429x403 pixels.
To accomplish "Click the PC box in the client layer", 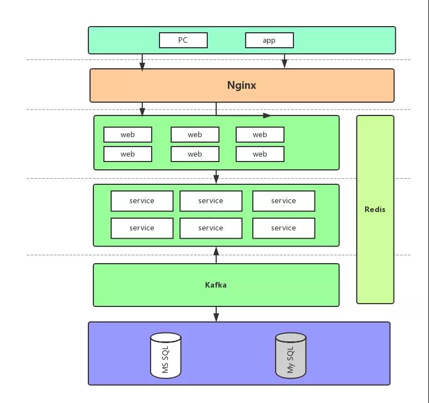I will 183,40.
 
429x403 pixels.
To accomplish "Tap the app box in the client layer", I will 270,41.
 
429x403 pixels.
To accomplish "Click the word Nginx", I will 242,85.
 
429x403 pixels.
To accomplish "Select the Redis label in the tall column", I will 375,209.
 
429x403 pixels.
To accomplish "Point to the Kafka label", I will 216,285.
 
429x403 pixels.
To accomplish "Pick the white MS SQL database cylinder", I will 166,355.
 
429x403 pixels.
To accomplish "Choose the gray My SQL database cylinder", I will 291,355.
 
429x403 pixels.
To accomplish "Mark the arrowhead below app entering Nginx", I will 285,63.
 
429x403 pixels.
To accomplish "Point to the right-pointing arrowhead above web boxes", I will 267,115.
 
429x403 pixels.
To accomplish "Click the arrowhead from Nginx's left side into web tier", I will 142,112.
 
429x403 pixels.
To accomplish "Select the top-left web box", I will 128,134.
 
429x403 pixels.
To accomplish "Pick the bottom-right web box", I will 260,154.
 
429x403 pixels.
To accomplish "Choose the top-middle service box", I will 211,201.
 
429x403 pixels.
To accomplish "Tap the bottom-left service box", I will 142,228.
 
